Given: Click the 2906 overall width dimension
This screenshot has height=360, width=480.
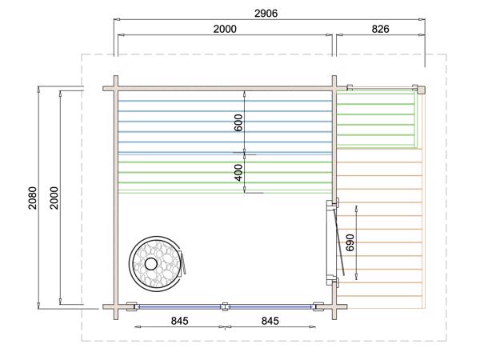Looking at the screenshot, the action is (x=266, y=14).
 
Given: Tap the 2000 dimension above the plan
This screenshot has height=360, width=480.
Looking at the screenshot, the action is (x=225, y=29).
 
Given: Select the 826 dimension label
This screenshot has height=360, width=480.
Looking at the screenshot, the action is (x=380, y=29).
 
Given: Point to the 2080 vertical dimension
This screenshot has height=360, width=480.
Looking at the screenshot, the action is (x=33, y=198).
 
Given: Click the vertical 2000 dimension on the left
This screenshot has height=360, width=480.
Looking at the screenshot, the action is (x=54, y=198).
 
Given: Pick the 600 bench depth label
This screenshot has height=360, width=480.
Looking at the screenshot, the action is (x=238, y=122).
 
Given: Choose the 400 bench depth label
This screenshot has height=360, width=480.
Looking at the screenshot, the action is (x=238, y=173).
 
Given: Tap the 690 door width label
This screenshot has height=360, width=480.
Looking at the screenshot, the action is (x=350, y=242).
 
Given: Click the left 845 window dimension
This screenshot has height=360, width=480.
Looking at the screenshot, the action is (x=180, y=321).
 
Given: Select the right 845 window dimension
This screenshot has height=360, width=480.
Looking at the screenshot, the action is (x=270, y=321).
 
